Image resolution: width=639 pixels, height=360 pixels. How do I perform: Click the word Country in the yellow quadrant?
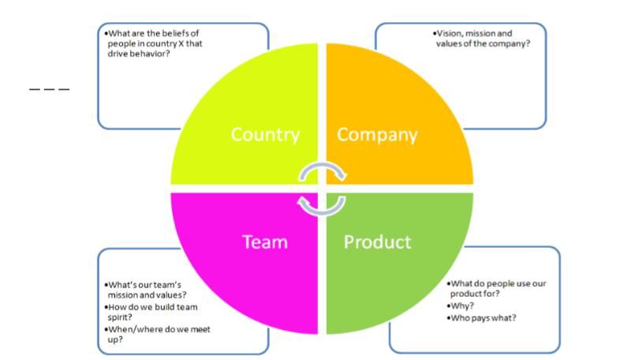tap(265, 134)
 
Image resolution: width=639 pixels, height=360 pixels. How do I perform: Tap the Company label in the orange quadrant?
tap(377, 135)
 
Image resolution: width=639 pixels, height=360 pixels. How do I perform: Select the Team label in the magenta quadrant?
tap(265, 242)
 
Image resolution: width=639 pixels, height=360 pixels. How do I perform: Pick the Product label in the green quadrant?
tap(377, 242)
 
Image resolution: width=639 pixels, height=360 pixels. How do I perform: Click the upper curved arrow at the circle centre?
tap(323, 165)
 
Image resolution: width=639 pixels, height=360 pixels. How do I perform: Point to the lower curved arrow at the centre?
tap(322, 212)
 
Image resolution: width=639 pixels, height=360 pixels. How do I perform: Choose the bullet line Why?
tap(461, 306)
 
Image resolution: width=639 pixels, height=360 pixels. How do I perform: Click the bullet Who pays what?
tap(482, 318)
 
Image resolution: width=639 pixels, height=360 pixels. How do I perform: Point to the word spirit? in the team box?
tap(120, 317)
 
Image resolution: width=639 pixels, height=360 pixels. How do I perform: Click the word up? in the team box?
tap(115, 339)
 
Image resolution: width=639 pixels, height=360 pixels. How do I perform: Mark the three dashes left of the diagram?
tap(50, 89)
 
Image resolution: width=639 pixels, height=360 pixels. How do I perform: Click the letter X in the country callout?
tap(181, 43)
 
